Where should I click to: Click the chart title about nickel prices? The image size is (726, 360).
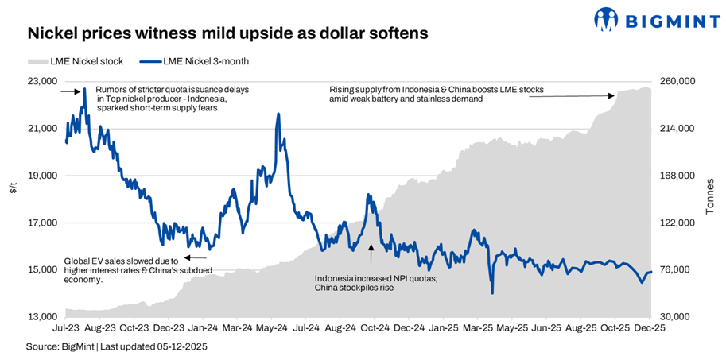click(227, 34)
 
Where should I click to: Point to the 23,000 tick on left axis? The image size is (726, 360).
click(42, 82)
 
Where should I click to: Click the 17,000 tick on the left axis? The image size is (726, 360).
click(42, 223)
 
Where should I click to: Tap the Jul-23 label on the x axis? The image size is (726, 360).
click(65, 327)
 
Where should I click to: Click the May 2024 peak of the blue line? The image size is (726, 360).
click(278, 114)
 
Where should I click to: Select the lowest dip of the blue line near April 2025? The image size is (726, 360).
click(492, 293)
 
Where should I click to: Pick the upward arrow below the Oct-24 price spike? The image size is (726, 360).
click(370, 254)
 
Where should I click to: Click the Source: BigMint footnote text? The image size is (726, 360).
click(116, 347)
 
